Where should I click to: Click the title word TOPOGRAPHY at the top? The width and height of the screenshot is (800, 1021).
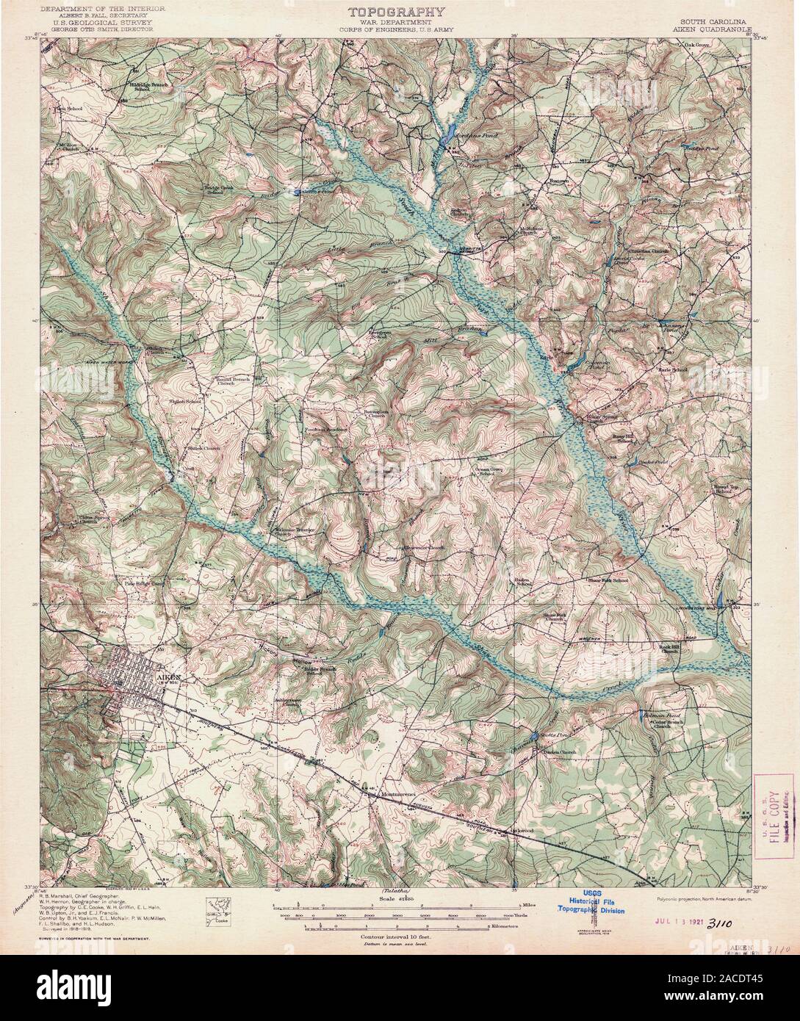395,12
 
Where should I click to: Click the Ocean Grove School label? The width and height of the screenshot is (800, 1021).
491,471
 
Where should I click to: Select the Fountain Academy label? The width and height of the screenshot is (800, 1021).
326,430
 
